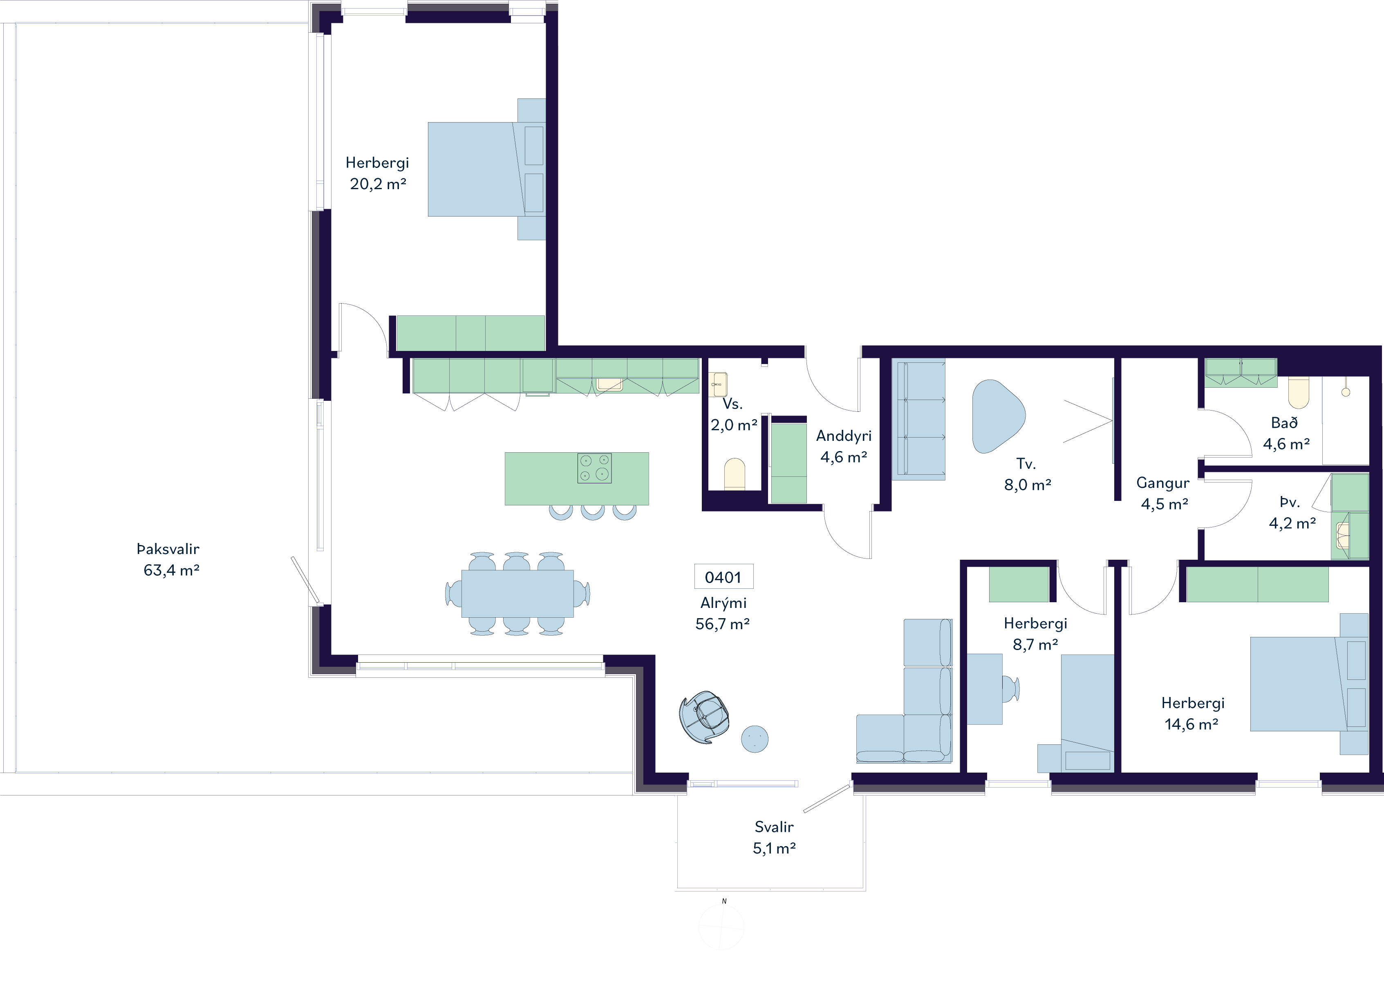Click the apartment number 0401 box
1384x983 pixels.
pos(723,577)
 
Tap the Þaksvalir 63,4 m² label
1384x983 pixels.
pos(168,560)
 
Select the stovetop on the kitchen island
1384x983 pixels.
pos(595,468)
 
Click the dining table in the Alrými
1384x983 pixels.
pos(517,594)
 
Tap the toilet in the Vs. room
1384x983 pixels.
pos(735,474)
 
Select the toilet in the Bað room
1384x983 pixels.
pos(1299,393)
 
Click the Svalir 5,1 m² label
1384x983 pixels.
pos(774,838)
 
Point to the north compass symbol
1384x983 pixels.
pos(722,927)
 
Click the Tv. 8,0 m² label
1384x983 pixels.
pos(1028,474)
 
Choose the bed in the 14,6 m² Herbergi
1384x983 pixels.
pos(1309,684)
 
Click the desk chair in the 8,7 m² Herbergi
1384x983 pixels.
pos(1011,689)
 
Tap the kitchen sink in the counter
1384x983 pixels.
pos(609,384)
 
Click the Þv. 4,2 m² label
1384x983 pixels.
pos(1292,512)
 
